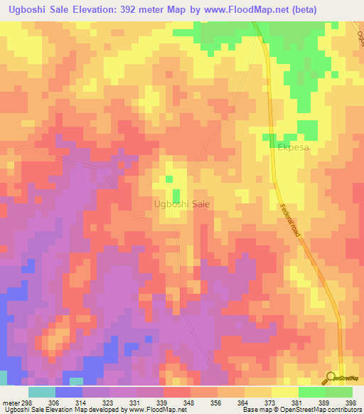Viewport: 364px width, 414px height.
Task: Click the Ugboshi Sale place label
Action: pos(181,204)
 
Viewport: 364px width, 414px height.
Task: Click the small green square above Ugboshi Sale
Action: pos(176,194)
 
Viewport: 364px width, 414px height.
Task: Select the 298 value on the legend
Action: pos(26,401)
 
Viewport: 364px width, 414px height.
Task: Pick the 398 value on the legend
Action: pos(348,401)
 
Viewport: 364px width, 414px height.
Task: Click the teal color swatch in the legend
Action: pos(42,392)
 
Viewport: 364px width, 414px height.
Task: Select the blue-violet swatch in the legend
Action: pos(69,392)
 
